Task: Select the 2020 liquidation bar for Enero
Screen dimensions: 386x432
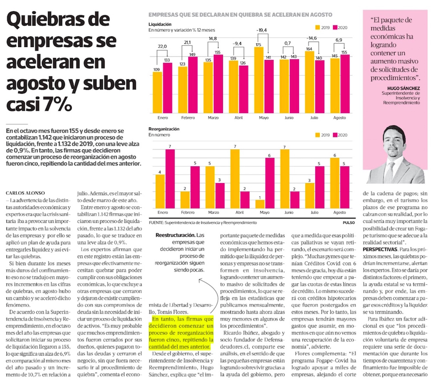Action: (x=167, y=89)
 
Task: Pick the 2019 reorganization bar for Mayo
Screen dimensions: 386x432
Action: (x=259, y=204)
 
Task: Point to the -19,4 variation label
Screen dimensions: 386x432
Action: (x=262, y=30)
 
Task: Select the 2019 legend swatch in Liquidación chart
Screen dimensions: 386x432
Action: (x=318, y=28)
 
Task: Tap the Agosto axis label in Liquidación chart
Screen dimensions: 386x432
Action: (x=340, y=117)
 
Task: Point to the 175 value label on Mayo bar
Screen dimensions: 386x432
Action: (x=259, y=44)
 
